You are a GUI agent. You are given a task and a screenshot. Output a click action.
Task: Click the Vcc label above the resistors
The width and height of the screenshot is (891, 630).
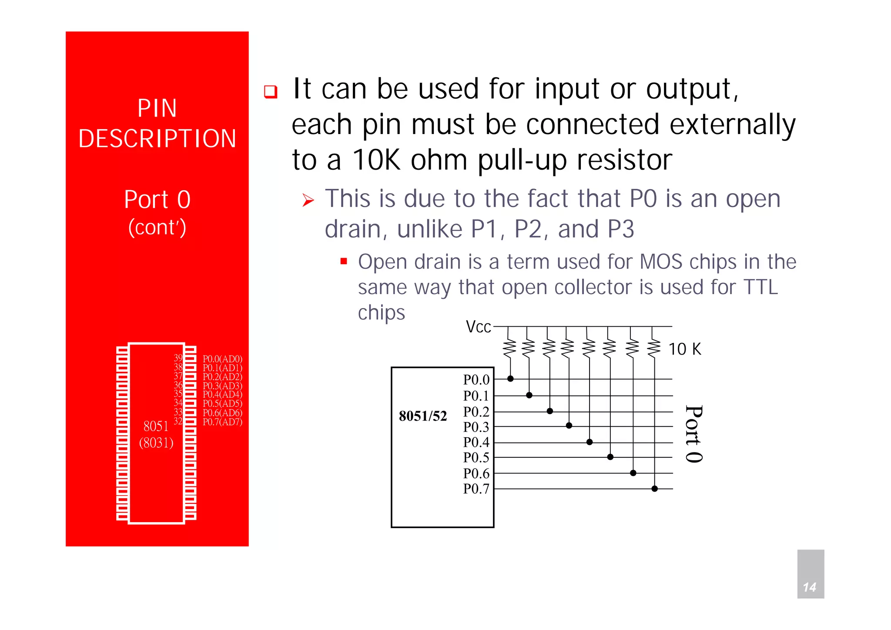pyautogui.click(x=478, y=327)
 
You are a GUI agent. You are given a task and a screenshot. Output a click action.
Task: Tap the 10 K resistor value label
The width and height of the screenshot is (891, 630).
pyautogui.click(x=685, y=349)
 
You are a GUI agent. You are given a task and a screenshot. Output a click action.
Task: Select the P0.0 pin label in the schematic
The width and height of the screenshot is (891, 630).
pyautogui.click(x=476, y=380)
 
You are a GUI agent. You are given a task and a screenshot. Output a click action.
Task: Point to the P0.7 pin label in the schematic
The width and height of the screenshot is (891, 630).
pyautogui.click(x=476, y=489)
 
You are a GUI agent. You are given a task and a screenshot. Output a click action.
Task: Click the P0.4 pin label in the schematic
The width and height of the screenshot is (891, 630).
pyautogui.click(x=476, y=442)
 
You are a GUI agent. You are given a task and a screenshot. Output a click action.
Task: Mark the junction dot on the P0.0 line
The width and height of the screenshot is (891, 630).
pyautogui.click(x=510, y=379)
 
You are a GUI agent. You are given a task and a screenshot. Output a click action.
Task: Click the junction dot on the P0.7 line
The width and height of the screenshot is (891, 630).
pyautogui.click(x=654, y=489)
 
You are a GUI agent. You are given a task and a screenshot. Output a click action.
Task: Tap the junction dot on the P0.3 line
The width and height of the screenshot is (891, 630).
pyautogui.click(x=569, y=426)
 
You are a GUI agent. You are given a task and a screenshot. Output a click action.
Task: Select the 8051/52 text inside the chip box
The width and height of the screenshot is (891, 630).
pyautogui.click(x=423, y=416)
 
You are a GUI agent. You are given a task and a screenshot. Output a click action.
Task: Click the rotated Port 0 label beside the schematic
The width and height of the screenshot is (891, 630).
pyautogui.click(x=693, y=434)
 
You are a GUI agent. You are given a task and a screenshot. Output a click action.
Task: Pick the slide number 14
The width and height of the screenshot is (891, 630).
pyautogui.click(x=809, y=587)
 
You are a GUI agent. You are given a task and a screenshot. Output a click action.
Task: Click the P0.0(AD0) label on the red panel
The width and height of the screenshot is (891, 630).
pyautogui.click(x=222, y=359)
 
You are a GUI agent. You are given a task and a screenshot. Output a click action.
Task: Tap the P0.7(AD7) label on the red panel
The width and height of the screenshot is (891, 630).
pyautogui.click(x=222, y=422)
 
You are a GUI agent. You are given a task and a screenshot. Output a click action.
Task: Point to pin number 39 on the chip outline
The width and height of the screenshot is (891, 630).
pyautogui.click(x=178, y=358)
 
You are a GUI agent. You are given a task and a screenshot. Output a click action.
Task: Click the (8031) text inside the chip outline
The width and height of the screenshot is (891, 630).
pyautogui.click(x=156, y=443)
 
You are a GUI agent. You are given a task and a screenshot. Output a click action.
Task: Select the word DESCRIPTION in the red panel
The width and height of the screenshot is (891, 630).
pyautogui.click(x=157, y=139)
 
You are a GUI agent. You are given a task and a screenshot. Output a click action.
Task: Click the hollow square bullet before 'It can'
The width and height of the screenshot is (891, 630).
pyautogui.click(x=271, y=92)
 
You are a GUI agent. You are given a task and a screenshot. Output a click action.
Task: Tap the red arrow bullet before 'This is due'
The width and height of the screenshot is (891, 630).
pyautogui.click(x=308, y=201)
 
